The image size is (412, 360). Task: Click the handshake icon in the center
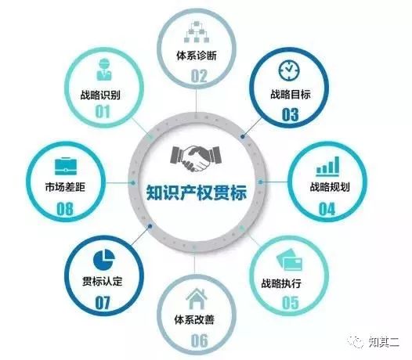point(196,158)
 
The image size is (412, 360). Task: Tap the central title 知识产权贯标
point(197,193)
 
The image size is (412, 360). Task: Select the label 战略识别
point(100,95)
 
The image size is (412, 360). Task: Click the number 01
point(102,112)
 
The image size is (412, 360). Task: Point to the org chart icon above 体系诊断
point(197,32)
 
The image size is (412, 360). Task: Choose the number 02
point(199,76)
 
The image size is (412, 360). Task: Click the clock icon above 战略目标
point(289,70)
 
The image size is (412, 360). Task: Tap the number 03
point(290,115)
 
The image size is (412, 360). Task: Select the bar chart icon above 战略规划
point(327,166)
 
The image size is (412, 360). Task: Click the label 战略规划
point(330,187)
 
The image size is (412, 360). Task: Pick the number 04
point(327,209)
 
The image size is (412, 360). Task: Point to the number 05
point(291,303)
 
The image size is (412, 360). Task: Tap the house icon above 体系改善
point(197,298)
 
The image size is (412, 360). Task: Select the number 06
point(199,340)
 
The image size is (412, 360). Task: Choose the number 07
point(103,303)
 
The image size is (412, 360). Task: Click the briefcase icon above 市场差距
point(66,166)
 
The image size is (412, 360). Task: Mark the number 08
point(65,209)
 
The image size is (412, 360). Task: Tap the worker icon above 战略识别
point(104,70)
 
